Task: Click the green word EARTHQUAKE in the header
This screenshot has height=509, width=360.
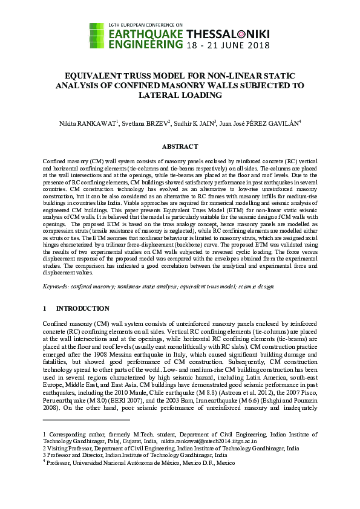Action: pos(145,33)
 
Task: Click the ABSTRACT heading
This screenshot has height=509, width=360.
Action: pos(180,146)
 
